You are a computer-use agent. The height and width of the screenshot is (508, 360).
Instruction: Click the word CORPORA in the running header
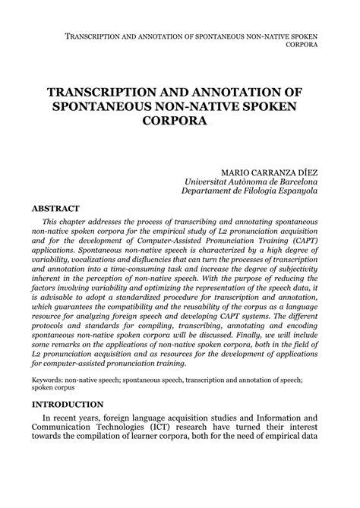pos(302,44)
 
